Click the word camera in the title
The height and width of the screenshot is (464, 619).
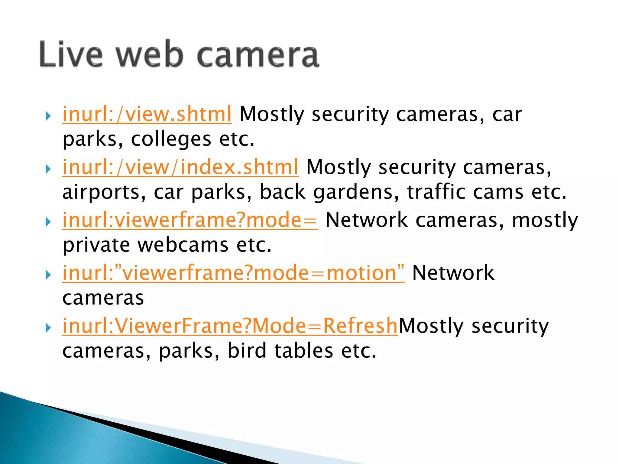258,55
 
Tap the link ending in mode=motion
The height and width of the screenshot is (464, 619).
233,273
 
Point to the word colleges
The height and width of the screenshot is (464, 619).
171,140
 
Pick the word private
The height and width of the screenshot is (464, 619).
96,245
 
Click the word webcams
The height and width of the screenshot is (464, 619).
183,245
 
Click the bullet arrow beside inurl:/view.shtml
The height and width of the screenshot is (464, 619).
48,116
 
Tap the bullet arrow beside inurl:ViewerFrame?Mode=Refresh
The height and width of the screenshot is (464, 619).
48,327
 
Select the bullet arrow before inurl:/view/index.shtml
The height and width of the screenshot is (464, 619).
48,169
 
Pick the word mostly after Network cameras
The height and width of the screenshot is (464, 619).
545,221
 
